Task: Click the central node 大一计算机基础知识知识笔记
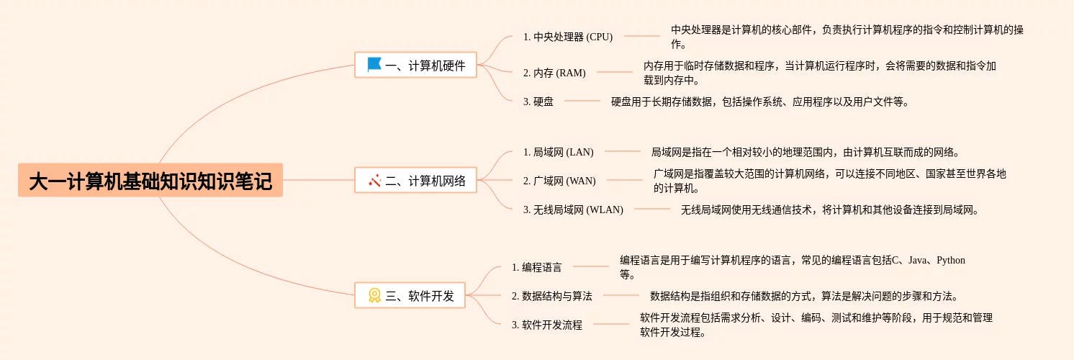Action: pos(150,180)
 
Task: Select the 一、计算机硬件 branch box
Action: pos(416,66)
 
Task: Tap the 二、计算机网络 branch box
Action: pos(416,180)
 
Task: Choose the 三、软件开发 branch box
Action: pos(410,295)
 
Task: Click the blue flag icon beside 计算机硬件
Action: pos(374,65)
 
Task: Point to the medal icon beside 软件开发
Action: pos(374,295)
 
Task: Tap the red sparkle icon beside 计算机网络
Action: pos(374,180)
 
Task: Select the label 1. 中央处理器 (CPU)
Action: pos(568,37)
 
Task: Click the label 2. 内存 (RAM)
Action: pos(554,73)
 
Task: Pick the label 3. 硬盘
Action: pos(538,102)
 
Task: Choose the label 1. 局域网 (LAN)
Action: pos(559,152)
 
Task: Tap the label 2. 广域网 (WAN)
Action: pos(559,181)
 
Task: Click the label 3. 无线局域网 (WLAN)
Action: pos(573,210)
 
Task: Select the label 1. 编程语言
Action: pos(536,267)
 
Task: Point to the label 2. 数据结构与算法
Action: pos(551,296)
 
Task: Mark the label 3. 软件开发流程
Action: pos(546,325)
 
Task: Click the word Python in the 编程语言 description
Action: pos(951,260)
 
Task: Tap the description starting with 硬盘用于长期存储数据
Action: pos(760,102)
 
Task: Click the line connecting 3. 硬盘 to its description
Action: pos(582,101)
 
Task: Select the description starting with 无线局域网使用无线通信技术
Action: pos(830,210)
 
